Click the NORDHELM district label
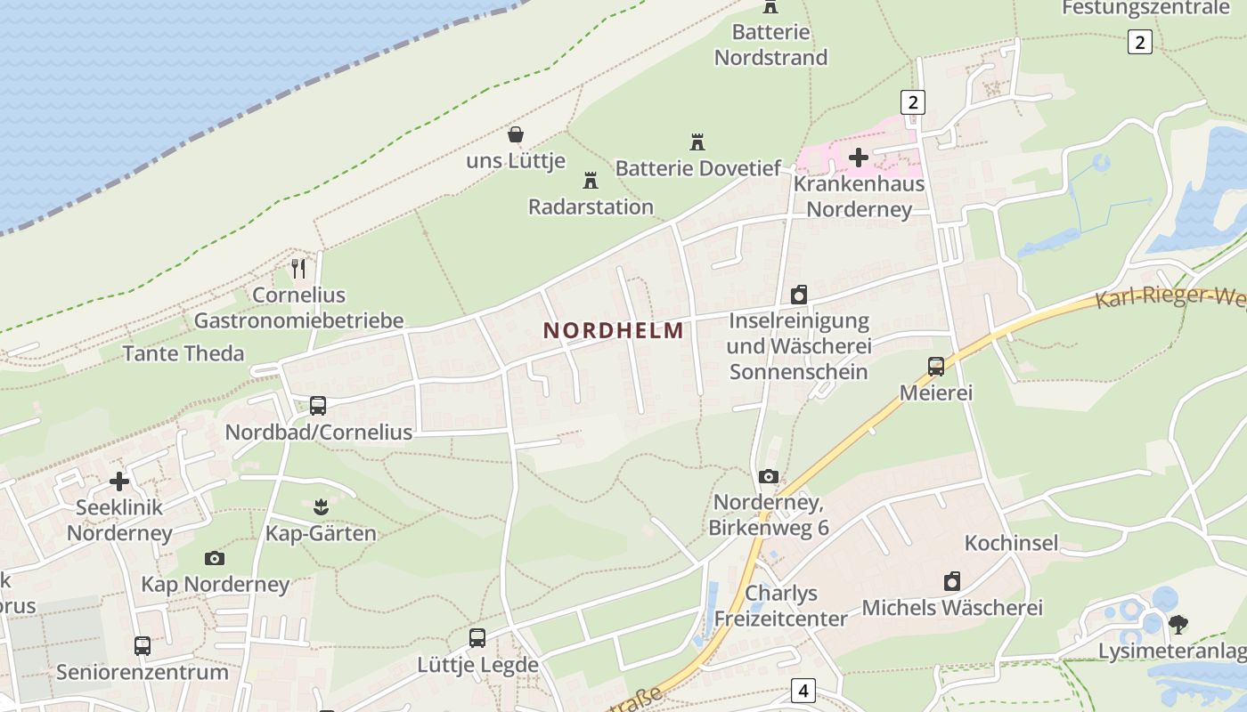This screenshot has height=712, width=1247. (614, 330)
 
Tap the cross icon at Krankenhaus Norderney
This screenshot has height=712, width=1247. (859, 158)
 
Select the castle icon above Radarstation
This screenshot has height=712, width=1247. (590, 181)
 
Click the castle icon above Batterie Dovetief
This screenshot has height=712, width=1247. (697, 142)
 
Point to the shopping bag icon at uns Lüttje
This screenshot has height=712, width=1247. (516, 134)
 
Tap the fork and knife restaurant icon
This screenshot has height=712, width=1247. (298, 268)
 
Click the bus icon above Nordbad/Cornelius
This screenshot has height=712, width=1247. (318, 406)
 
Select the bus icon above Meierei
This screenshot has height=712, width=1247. (936, 367)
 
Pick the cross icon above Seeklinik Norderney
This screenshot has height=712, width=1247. (119, 481)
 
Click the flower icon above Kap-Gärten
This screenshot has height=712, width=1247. (321, 507)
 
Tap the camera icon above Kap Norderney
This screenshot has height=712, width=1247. (215, 559)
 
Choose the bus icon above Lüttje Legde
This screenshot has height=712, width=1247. (477, 638)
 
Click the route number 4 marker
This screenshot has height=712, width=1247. (804, 690)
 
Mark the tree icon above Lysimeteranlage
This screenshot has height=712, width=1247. (1178, 625)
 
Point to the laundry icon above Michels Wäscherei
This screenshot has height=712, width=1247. (952, 582)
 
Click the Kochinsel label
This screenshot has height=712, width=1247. (1011, 543)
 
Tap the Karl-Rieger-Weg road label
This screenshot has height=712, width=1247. (1170, 296)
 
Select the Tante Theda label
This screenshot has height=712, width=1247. (183, 353)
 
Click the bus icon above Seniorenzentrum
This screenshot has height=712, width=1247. (143, 646)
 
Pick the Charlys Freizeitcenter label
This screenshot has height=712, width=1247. (781, 606)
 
